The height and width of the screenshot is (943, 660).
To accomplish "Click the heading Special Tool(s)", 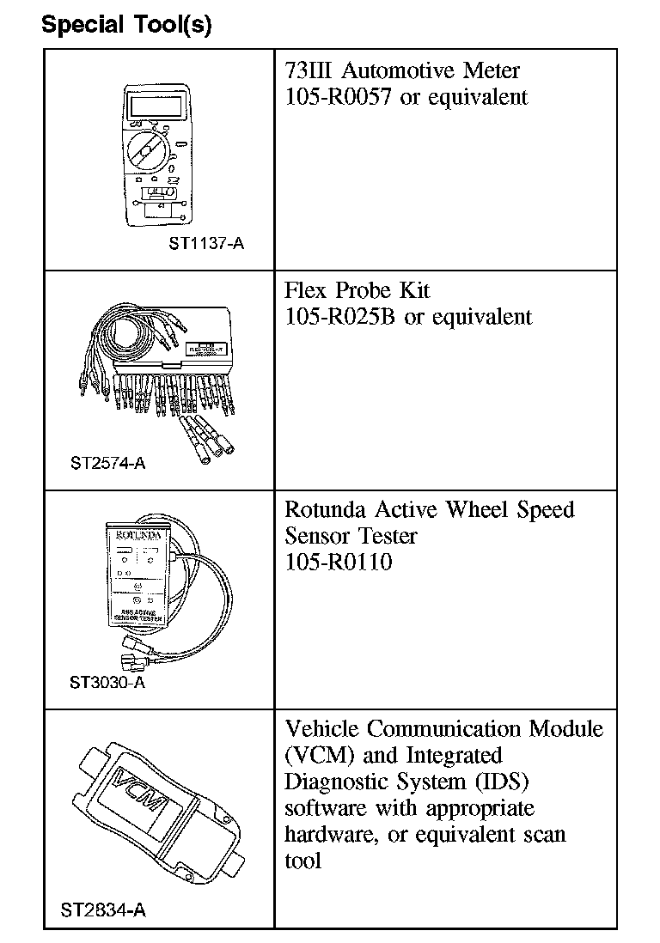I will click(126, 25).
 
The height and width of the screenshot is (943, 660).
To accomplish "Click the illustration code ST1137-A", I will click(206, 243).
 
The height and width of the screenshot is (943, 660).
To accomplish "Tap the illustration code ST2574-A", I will click(107, 463).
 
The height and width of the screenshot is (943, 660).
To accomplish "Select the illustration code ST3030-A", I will click(107, 683).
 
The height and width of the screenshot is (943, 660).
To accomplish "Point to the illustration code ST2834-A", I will click(103, 910).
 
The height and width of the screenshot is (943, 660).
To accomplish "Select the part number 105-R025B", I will click(341, 316).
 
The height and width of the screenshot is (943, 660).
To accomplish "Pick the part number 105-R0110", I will click(338, 563).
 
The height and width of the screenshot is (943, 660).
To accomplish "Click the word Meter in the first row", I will click(489, 70).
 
